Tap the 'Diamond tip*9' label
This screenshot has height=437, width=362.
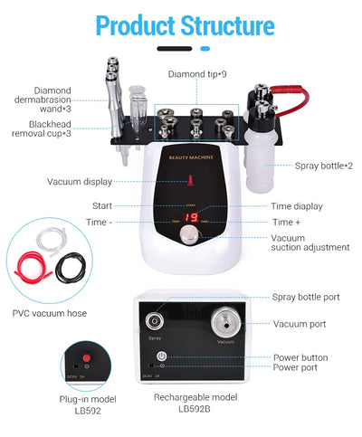click(198, 73)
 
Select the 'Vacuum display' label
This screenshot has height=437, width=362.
click(80, 182)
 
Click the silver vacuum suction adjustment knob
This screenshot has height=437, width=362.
click(189, 234)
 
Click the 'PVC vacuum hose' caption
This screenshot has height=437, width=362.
click(50, 313)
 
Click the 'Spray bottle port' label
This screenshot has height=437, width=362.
click(307, 297)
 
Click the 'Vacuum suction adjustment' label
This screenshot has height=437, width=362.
click(310, 242)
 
